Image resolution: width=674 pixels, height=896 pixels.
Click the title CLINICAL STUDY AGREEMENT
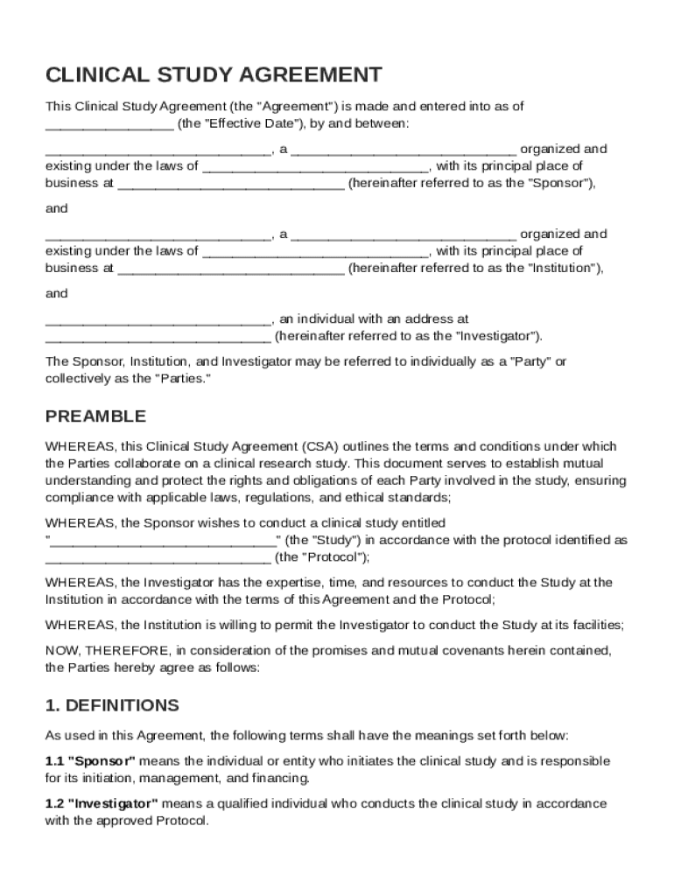click(214, 74)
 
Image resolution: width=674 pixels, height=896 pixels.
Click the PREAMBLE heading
click(96, 416)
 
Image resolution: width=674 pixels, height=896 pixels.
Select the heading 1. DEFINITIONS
click(112, 705)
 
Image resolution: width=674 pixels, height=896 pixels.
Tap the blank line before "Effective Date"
click(109, 124)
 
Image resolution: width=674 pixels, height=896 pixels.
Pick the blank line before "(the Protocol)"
click(158, 557)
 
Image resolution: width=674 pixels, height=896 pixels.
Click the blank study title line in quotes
click(162, 540)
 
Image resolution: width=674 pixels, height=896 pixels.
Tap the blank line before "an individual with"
click(158, 320)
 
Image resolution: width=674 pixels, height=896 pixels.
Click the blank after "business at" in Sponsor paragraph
click(230, 184)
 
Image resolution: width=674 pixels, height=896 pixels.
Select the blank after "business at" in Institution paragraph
click(230, 269)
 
